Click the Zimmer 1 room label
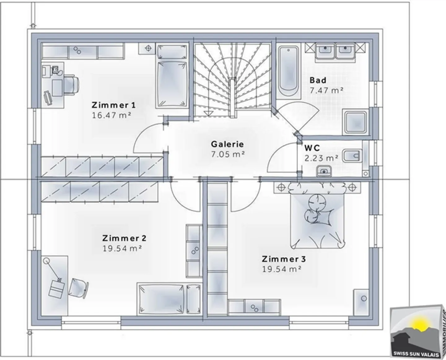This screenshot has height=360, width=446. coord(114,105)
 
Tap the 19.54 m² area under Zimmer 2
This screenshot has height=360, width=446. coord(122,248)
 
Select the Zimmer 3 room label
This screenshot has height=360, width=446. coord(284,259)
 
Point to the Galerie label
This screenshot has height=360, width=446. coord(227,144)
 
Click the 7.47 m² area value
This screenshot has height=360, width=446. coord(326,90)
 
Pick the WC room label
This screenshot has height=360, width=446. coord(312,148)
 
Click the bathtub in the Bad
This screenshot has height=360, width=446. coord(288,71)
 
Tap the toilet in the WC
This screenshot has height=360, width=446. coord(352,156)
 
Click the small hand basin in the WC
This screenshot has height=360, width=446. coord(324,171)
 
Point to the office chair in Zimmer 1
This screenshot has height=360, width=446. coord(71,85)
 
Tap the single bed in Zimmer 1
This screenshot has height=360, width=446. coord(172,76)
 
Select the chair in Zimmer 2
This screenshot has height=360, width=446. coord(78,288)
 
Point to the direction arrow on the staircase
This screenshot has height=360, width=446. coord(209,114)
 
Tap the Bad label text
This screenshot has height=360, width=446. coord(318,80)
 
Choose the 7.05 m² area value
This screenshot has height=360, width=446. coord(228,154)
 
